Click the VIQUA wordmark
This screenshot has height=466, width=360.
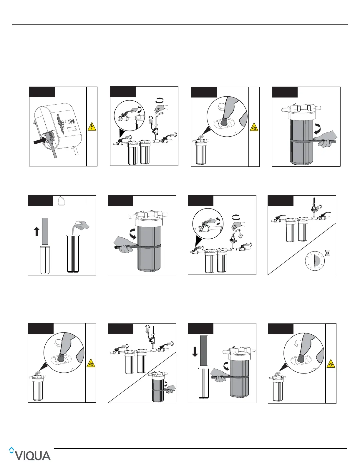point(33,455)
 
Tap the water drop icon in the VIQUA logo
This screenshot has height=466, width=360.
point(11,450)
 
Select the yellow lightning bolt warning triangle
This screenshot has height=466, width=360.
point(92,126)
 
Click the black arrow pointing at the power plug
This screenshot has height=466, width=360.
point(39,142)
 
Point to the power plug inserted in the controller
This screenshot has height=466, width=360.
point(49,137)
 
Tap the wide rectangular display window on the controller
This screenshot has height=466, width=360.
point(73,129)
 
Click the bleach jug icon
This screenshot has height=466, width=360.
point(61,201)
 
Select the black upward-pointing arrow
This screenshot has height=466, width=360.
point(37,232)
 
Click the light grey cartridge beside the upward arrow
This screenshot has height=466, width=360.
point(45,231)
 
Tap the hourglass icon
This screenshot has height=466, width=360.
point(327,253)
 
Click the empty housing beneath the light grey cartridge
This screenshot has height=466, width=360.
point(45,260)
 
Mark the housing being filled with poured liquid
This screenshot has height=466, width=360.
point(73,253)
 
